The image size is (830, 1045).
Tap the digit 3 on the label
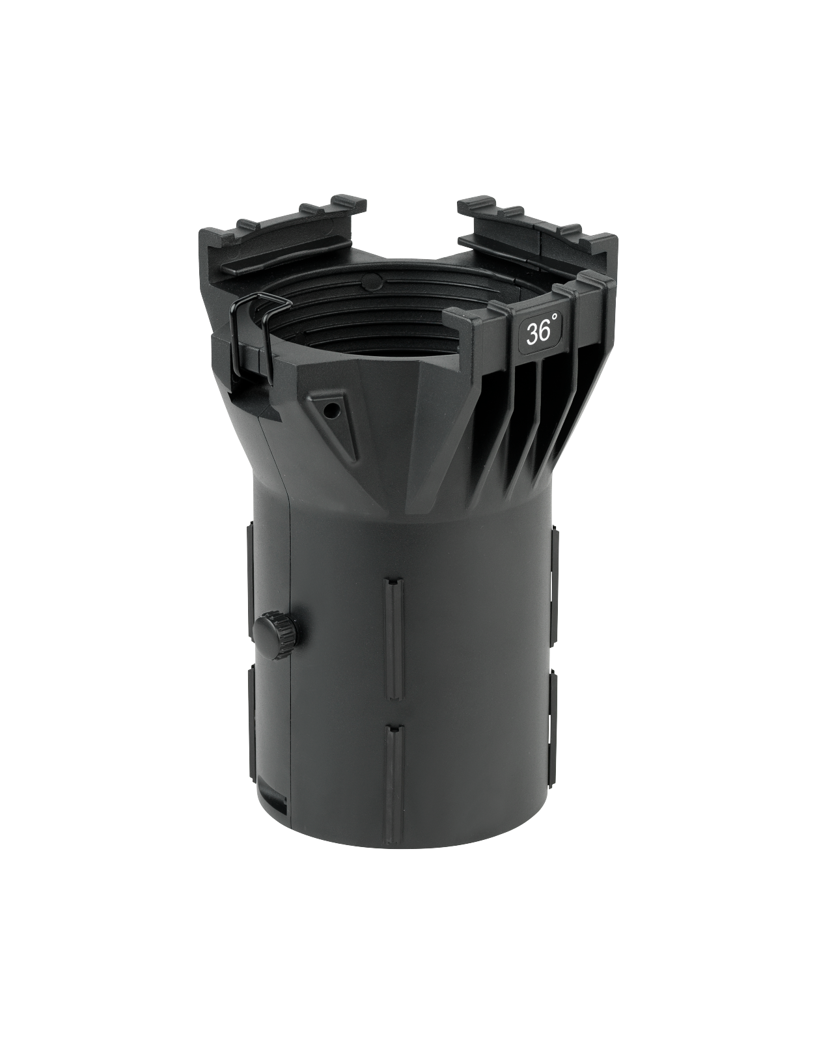(x=531, y=334)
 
